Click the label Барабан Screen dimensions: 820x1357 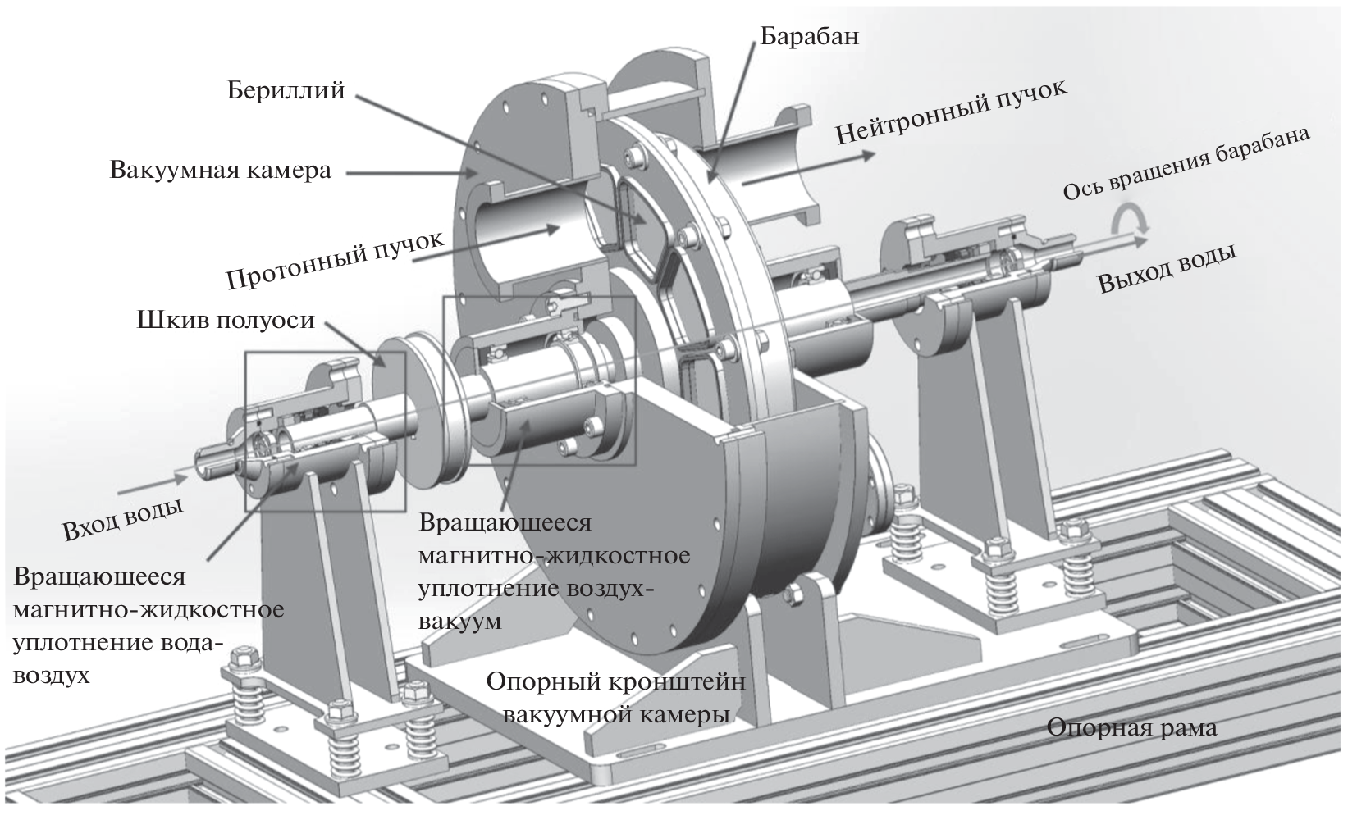(x=809, y=36)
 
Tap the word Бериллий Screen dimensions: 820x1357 (x=286, y=89)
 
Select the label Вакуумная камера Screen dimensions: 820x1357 (x=221, y=171)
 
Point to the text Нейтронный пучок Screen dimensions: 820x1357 (x=952, y=112)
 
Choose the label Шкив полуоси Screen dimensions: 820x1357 (x=226, y=319)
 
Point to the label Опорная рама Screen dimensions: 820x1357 (x=1131, y=727)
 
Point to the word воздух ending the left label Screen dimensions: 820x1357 (x=52, y=676)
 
